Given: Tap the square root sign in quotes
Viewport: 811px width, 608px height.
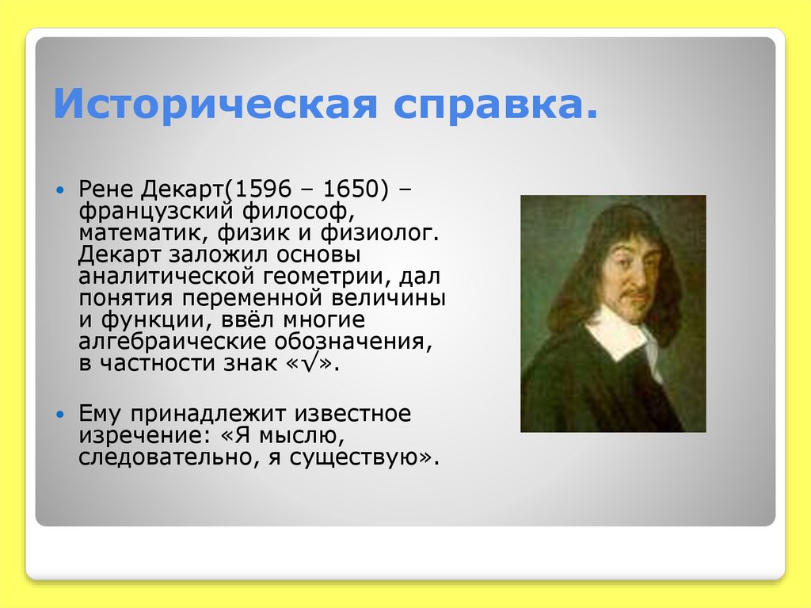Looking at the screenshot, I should (x=313, y=363).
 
